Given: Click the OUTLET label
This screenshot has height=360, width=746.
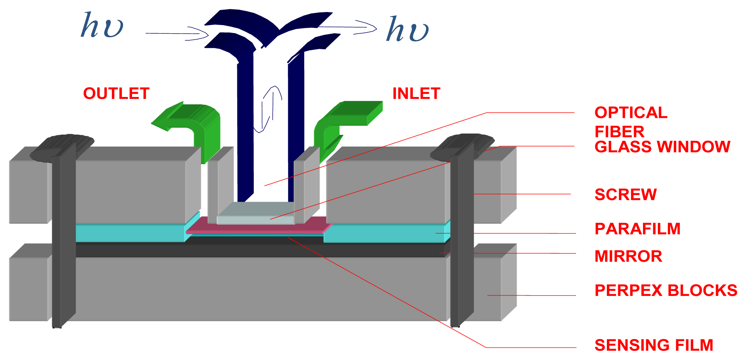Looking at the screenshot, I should [116, 93].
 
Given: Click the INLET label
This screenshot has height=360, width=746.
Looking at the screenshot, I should [416, 93].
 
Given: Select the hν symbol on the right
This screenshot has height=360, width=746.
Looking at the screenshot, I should [407, 29].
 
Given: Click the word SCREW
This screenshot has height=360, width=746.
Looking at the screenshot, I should [626, 194].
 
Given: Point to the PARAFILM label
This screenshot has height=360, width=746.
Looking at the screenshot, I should [637, 229].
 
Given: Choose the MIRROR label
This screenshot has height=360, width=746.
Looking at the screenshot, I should [628, 256].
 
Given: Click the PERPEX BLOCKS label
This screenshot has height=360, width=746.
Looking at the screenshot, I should [666, 290].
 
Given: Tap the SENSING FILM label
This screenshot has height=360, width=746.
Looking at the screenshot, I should [654, 345].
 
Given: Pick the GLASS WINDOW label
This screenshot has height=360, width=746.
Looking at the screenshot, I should [662, 147].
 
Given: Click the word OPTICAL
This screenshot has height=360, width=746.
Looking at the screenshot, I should [631, 113].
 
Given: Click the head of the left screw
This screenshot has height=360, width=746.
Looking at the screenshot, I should [62, 147].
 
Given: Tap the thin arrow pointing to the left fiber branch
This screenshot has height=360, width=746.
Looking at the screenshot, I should [177, 34].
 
